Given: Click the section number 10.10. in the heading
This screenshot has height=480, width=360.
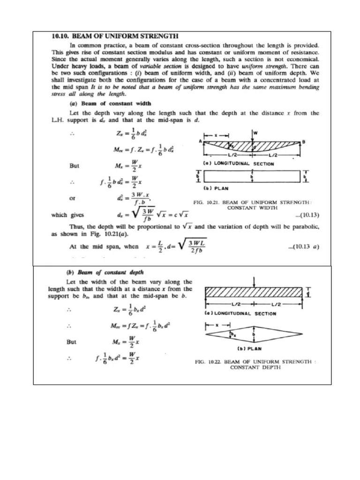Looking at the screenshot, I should pyautogui.click(x=60, y=35).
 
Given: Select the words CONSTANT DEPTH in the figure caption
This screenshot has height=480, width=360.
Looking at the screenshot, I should pyautogui.click(x=255, y=368).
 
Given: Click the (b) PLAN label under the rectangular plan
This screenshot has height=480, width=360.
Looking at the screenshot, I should pyautogui.click(x=216, y=188).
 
